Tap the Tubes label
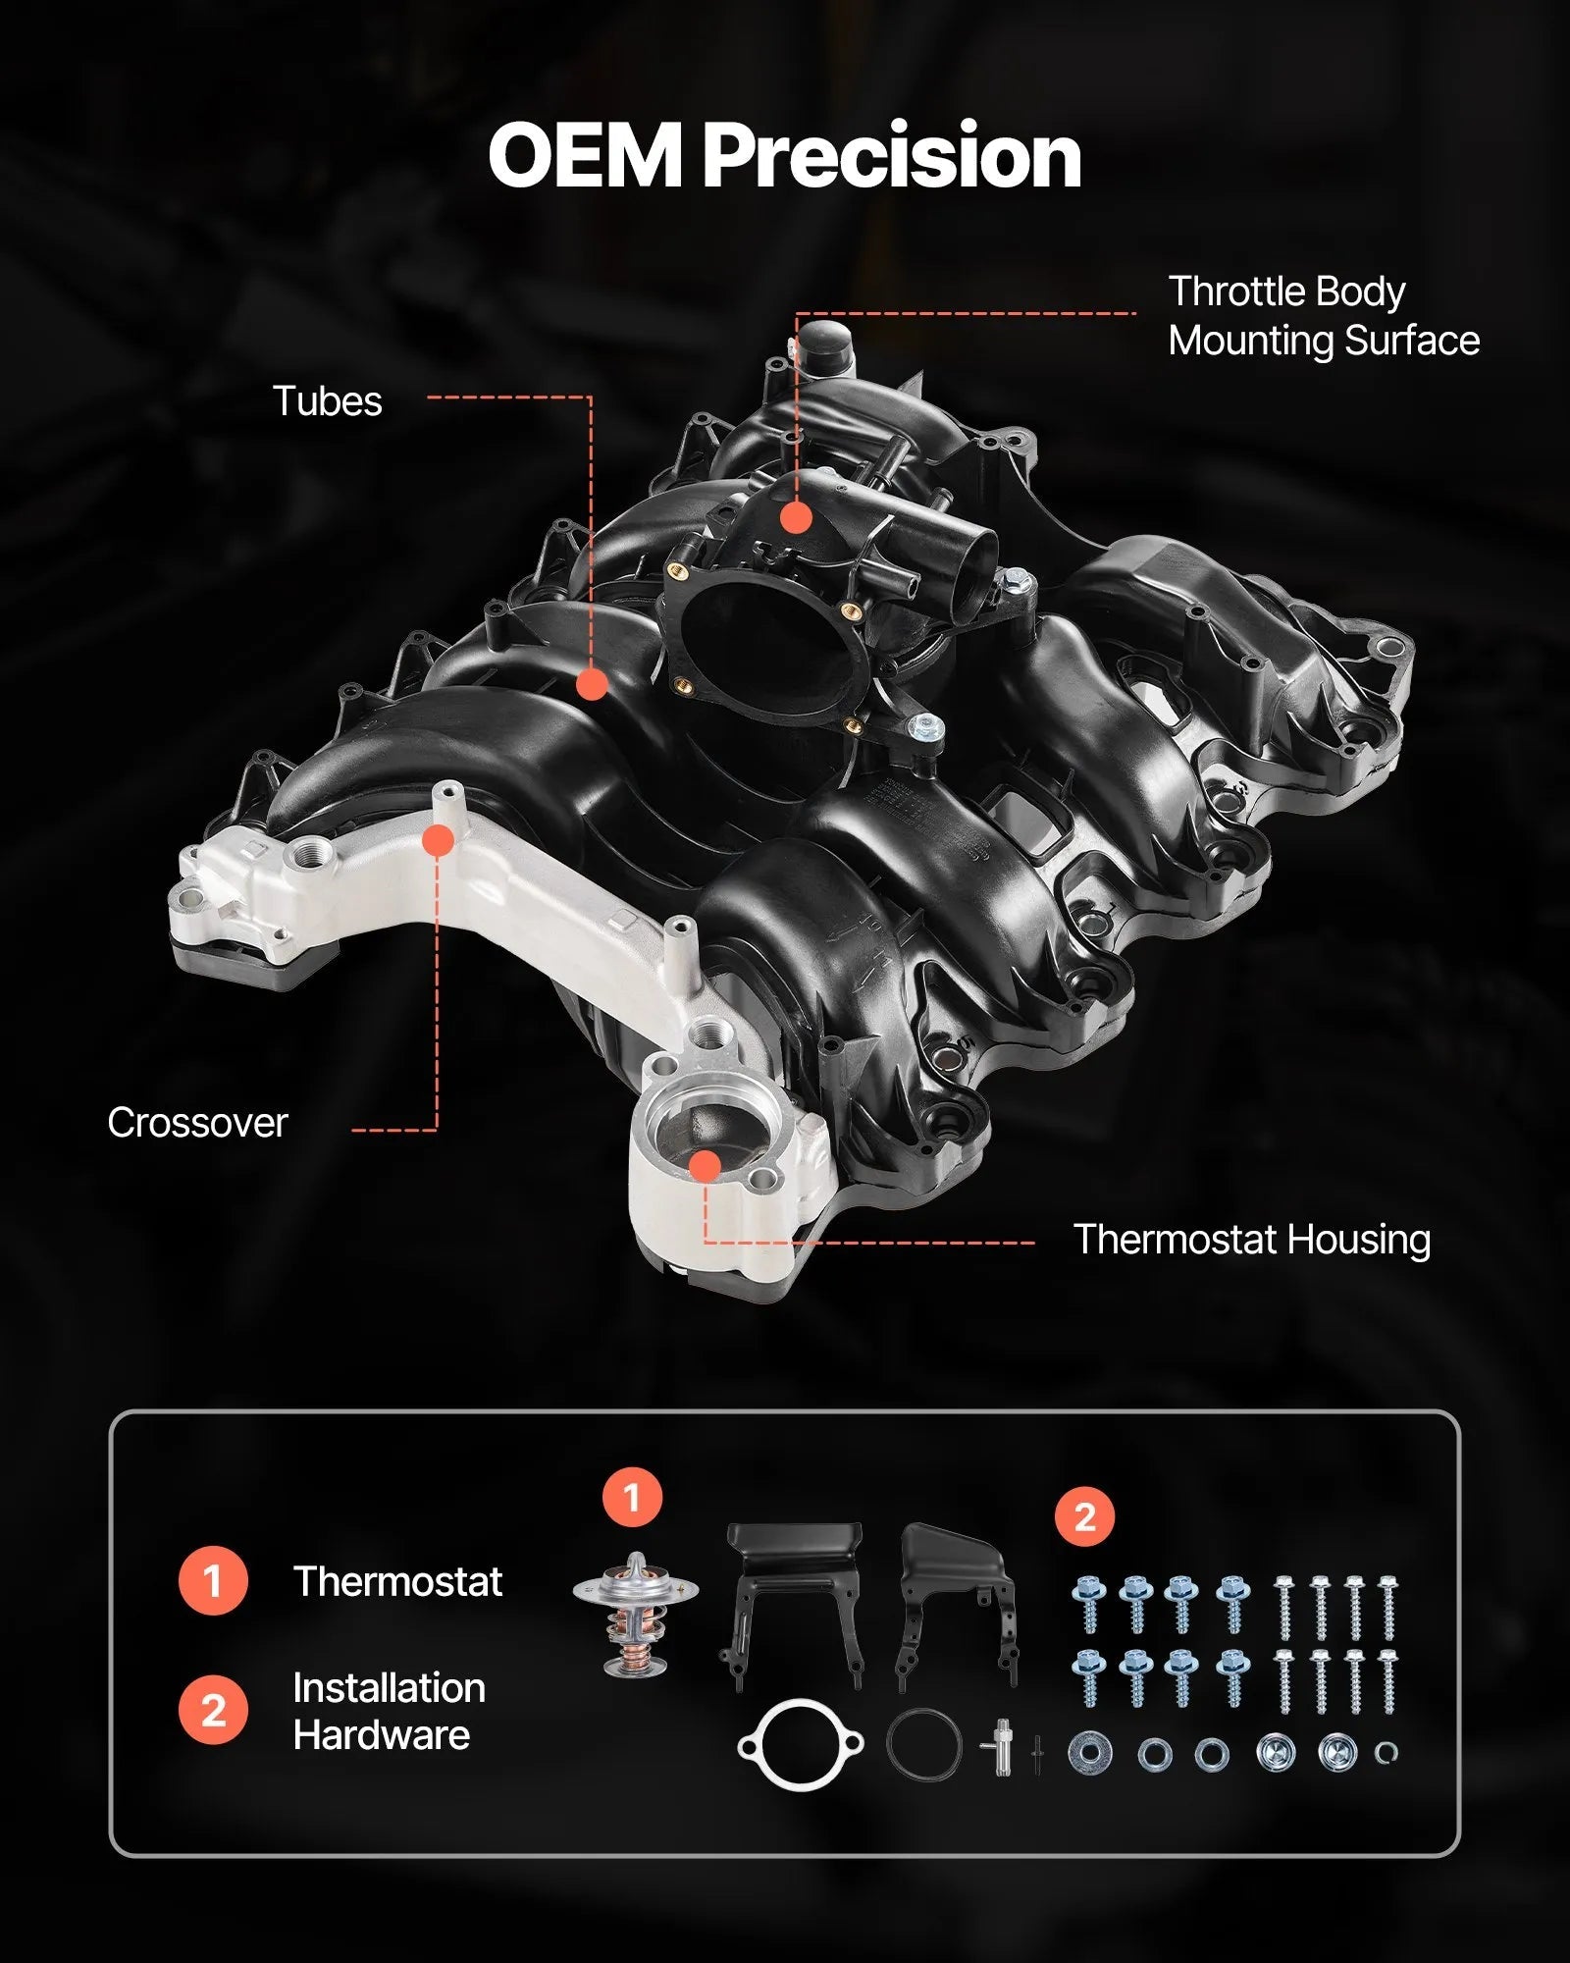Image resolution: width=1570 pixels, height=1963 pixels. (x=327, y=401)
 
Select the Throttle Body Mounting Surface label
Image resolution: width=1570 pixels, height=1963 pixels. (x=1323, y=316)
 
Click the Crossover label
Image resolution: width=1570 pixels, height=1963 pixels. (x=197, y=1123)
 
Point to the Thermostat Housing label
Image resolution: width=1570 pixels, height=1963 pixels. (x=1251, y=1240)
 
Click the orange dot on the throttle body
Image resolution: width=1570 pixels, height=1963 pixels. (x=796, y=517)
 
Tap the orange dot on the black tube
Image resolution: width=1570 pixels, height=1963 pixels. (x=591, y=684)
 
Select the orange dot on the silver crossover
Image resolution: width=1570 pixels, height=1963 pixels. (x=439, y=840)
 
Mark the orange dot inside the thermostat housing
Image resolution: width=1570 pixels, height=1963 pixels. (x=706, y=1165)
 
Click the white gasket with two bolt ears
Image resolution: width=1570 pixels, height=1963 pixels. (x=799, y=1744)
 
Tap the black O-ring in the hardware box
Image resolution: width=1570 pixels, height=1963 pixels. (x=923, y=1743)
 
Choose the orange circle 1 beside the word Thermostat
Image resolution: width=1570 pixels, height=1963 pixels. (x=212, y=1581)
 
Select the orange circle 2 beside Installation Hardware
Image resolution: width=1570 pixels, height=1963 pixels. (x=212, y=1712)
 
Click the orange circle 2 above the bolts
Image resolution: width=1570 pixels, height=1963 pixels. (x=1084, y=1517)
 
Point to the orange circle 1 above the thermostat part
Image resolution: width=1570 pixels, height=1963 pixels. (x=632, y=1498)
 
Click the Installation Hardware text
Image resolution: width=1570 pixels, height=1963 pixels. (x=389, y=1712)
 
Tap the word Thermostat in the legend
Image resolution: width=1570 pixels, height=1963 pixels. (x=397, y=1581)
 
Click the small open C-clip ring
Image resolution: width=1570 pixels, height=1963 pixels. (x=1385, y=1752)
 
